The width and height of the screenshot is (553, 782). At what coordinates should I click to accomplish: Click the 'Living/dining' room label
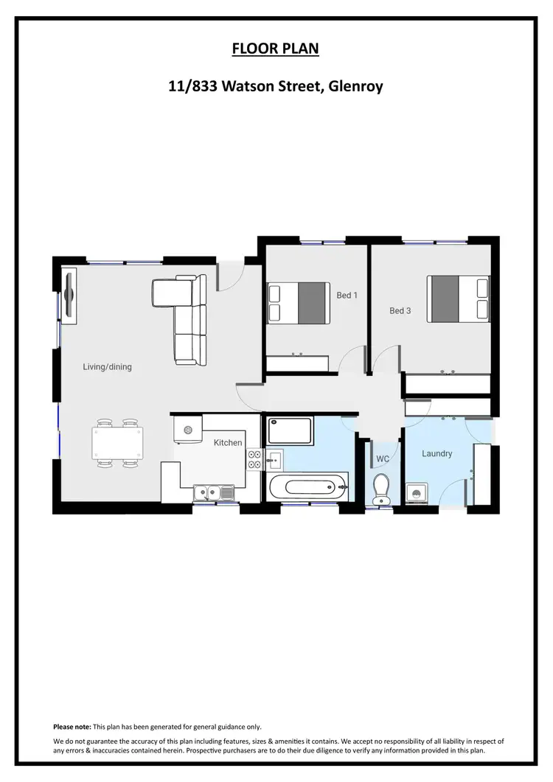(x=107, y=366)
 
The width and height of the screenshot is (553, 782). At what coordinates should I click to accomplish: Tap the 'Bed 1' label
(x=347, y=296)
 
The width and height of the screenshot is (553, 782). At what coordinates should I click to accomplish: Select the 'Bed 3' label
(x=400, y=311)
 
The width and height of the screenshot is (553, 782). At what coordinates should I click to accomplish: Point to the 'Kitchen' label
(x=228, y=442)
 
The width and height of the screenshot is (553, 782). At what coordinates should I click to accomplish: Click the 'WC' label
(x=383, y=459)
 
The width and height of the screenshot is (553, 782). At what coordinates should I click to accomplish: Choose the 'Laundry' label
(x=437, y=453)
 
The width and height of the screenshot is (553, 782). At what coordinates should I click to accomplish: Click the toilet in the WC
(x=381, y=488)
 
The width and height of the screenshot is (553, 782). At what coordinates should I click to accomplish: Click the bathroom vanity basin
(x=275, y=459)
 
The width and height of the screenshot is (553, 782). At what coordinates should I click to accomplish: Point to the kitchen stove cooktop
(x=254, y=459)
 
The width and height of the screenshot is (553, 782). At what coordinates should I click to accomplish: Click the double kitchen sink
(x=213, y=491)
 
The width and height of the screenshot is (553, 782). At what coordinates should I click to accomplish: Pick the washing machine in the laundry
(x=415, y=493)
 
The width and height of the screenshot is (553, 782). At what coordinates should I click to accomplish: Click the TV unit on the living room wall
(x=69, y=296)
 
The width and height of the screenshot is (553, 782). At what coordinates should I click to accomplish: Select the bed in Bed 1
(x=298, y=302)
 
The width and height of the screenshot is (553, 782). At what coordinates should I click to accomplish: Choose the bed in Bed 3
(x=459, y=299)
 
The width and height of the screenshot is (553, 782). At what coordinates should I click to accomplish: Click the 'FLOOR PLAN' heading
(x=276, y=49)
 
